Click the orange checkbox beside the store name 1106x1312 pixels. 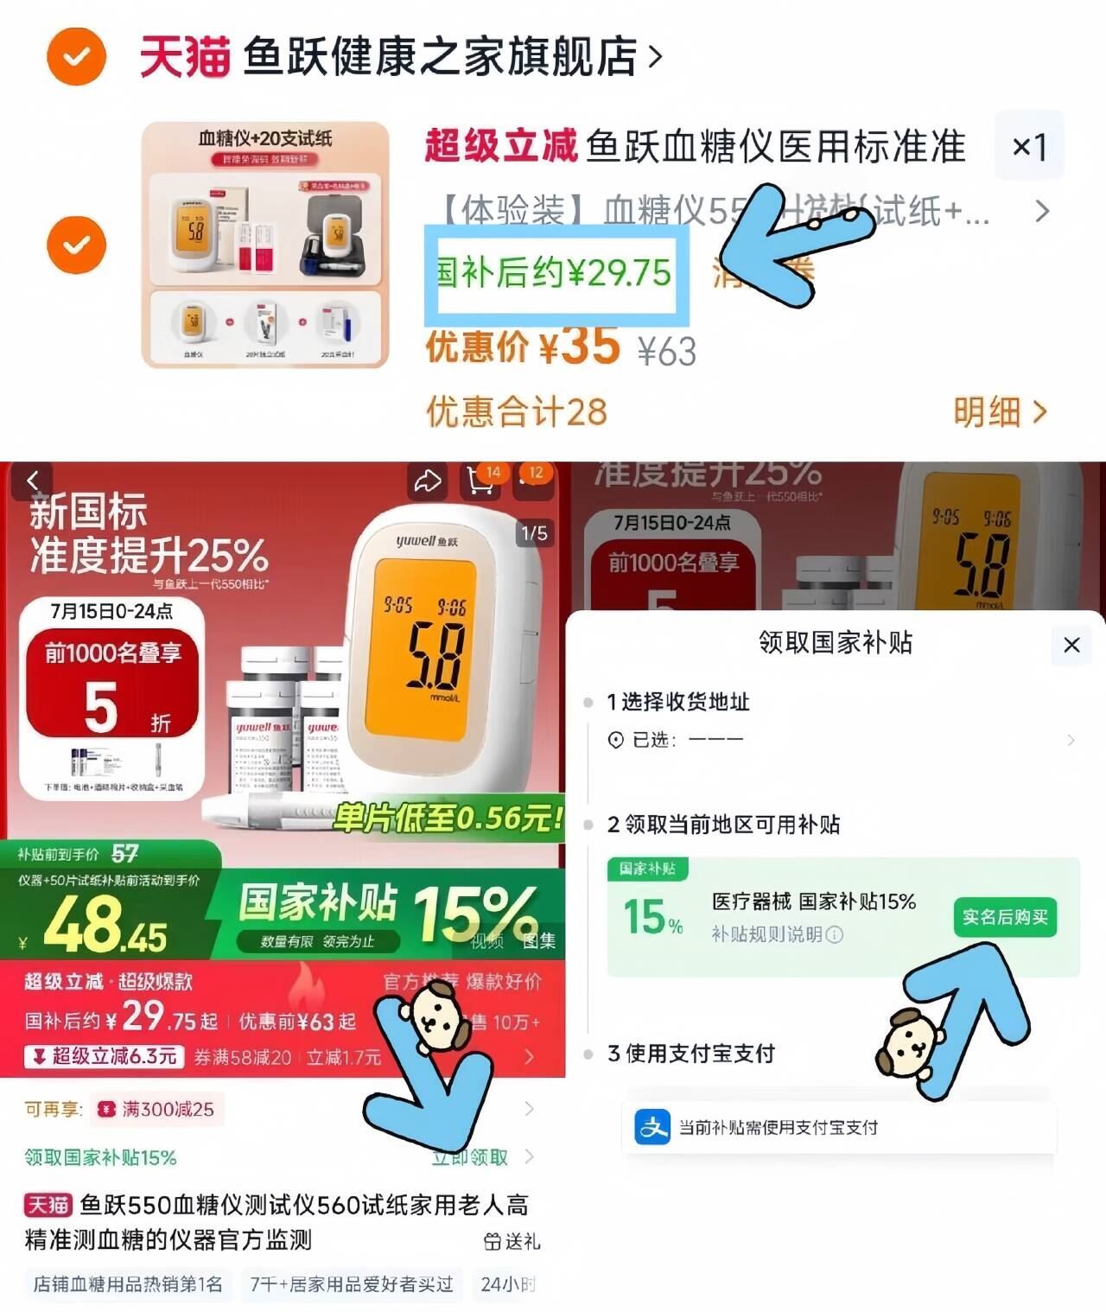pyautogui.click(x=76, y=57)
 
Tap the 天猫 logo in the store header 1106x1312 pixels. pyautogui.click(x=184, y=57)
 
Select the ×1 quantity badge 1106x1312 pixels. pyautogui.click(x=1028, y=146)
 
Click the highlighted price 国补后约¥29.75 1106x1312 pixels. pyautogui.click(x=555, y=273)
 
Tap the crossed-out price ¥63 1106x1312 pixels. pyautogui.click(x=666, y=352)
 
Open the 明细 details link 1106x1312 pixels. pyautogui.click(x=999, y=412)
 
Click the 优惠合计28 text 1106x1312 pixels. pyautogui.click(x=516, y=412)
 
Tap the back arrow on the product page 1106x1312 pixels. pyautogui.click(x=33, y=481)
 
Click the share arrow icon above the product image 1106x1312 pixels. pyautogui.click(x=427, y=481)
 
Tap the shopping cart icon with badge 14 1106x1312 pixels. pyautogui.click(x=481, y=481)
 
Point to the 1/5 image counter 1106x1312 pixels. pyautogui.click(x=534, y=533)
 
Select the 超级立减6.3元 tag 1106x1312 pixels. pyautogui.click(x=105, y=1056)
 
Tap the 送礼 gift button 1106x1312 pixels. pyautogui.click(x=512, y=1242)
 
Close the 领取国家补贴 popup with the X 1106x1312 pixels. pyautogui.click(x=1071, y=645)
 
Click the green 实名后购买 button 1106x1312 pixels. pyautogui.click(x=1004, y=917)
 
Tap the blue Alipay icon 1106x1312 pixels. pyautogui.click(x=652, y=1127)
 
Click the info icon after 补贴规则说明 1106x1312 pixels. pyautogui.click(x=834, y=934)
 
